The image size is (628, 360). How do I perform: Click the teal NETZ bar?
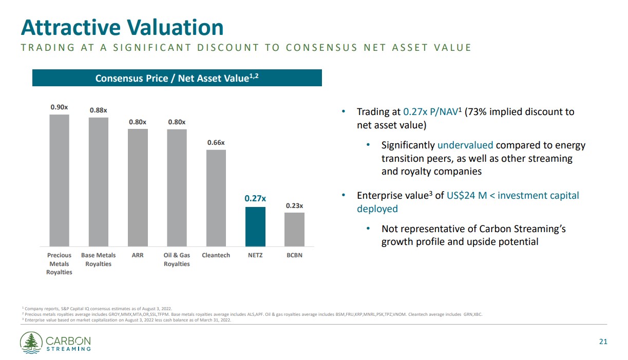[255, 226]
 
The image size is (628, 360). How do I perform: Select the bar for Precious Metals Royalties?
[59, 180]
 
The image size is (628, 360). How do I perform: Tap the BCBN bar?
[294, 229]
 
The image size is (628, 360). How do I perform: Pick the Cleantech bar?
[216, 198]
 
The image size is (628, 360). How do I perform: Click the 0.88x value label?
[98, 110]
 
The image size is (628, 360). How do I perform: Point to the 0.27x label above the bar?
[255, 198]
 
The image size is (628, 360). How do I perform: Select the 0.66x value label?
[216, 142]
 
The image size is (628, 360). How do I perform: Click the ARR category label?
[138, 255]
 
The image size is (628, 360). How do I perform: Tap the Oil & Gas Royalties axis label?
[177, 259]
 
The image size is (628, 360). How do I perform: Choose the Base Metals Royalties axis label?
[98, 259]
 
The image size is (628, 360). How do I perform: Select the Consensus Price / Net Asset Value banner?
[177, 78]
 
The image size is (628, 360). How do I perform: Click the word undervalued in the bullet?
[465, 145]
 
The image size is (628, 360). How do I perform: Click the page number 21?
[603, 342]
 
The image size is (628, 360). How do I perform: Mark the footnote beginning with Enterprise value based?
[126, 320]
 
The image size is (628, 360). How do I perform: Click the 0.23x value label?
[294, 206]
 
